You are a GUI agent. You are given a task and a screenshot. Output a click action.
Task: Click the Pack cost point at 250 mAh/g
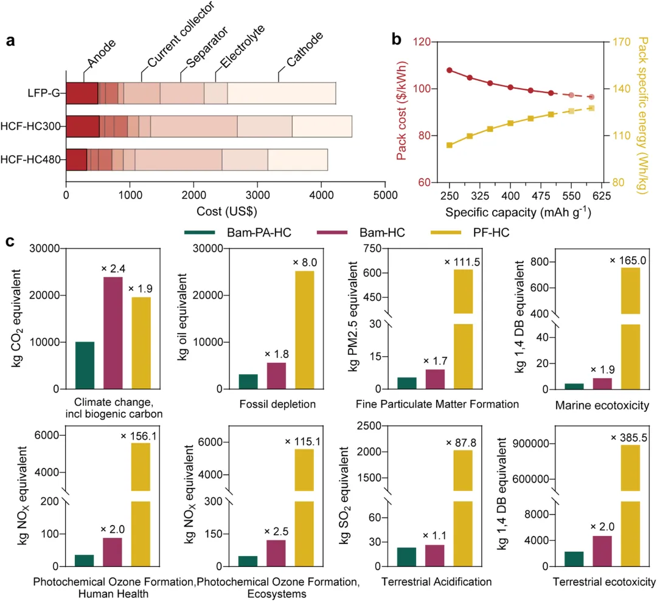pos(450,70)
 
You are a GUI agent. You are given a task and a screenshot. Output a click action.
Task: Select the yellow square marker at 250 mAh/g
pos(450,145)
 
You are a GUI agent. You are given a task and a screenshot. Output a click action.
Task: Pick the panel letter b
pos(396,41)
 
